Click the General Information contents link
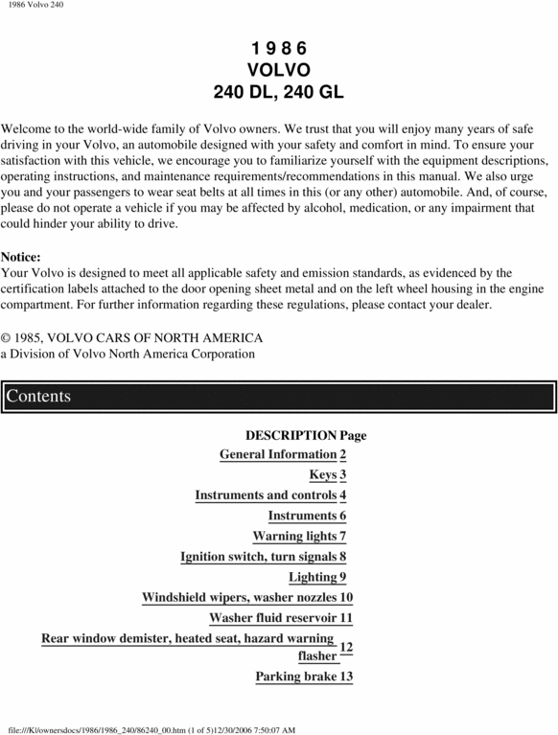tap(278, 454)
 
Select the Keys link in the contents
tap(323, 474)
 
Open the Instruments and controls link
tap(266, 495)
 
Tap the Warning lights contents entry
tap(294, 536)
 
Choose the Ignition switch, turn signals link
tap(259, 557)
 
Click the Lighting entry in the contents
tap(312, 577)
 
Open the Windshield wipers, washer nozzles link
tap(240, 598)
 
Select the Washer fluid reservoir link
tap(273, 618)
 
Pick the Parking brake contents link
tap(296, 677)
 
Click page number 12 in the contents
tap(346, 648)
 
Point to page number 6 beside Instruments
tap(342, 516)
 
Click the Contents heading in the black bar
tap(38, 397)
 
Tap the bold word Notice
tap(21, 257)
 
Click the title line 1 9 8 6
tap(278, 48)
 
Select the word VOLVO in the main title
tap(278, 70)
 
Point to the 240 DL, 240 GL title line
tap(278, 92)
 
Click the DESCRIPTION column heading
tap(291, 435)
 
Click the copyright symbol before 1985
tap(6, 338)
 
